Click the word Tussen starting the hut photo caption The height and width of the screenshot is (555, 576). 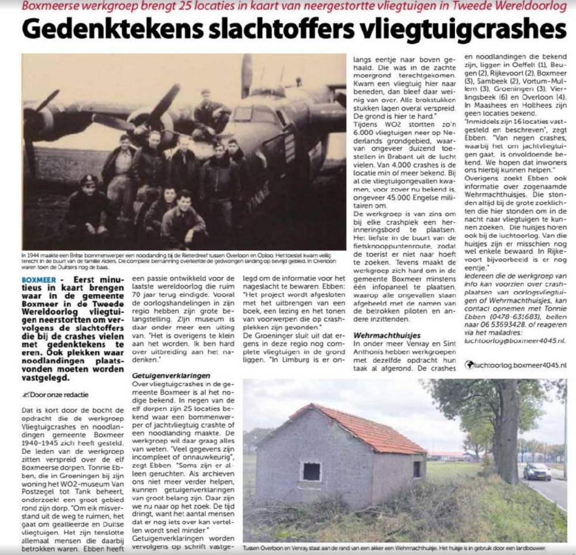coord(252,549)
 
